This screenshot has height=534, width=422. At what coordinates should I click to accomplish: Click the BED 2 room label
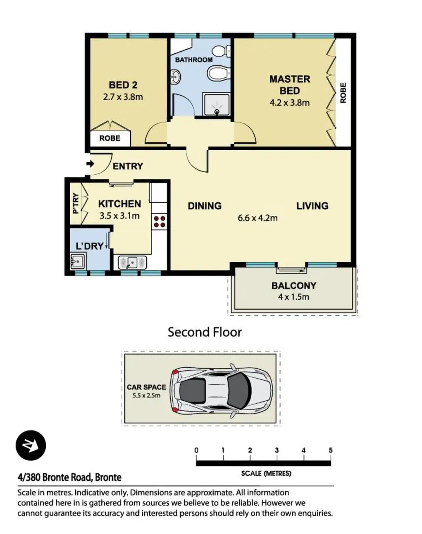point(123,85)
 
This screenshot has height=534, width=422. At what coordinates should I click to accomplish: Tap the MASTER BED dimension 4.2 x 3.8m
point(290,103)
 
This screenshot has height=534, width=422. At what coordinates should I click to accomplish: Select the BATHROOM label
point(194,60)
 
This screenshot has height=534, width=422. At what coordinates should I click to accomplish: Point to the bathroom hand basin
point(175,77)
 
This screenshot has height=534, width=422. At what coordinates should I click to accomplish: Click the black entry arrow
point(90,164)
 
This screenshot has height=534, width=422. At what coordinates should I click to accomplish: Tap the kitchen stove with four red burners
point(160,221)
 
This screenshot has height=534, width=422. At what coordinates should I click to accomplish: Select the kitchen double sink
point(132,262)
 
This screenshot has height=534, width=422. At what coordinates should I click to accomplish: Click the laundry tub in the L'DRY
point(78,261)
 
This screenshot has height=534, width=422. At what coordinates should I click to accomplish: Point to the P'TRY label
point(76,203)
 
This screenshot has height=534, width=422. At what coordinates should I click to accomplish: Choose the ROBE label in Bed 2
point(110,138)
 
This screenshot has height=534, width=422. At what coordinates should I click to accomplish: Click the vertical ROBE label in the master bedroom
point(343,93)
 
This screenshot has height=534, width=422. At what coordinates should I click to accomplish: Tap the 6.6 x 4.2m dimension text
point(258,218)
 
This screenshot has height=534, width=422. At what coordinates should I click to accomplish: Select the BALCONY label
point(294,286)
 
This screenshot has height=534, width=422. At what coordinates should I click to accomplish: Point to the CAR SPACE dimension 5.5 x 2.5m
point(146,396)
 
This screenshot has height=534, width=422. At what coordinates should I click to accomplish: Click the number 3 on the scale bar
point(277,450)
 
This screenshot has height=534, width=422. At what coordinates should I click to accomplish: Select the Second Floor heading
point(205,332)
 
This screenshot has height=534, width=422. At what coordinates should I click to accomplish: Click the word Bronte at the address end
point(108,477)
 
